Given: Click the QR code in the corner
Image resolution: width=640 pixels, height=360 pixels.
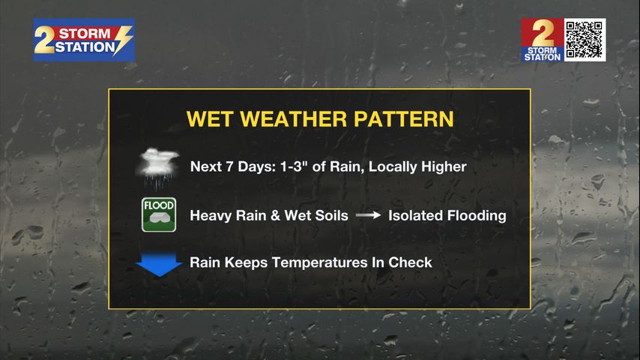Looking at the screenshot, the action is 585,40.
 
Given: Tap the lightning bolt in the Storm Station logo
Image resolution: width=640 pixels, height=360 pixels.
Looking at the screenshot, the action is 123,40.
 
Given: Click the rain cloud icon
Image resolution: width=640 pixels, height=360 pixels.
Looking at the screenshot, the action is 158,168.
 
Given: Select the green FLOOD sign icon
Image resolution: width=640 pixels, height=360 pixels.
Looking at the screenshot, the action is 159,215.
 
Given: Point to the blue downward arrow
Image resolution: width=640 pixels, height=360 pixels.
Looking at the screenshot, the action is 159,264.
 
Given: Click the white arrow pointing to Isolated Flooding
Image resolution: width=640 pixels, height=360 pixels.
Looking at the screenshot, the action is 368,215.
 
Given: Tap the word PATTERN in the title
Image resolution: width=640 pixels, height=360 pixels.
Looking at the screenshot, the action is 404,119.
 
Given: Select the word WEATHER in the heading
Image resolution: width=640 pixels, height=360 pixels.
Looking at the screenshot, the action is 294,119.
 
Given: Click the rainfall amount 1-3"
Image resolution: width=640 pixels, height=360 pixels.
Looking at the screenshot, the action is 294,166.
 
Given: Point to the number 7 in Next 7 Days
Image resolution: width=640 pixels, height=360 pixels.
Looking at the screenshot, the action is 230,166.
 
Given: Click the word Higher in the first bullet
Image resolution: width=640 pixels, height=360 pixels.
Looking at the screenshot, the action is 444,166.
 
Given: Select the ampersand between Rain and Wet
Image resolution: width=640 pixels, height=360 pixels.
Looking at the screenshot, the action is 276,215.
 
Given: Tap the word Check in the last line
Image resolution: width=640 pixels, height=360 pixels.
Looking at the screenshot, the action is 410,262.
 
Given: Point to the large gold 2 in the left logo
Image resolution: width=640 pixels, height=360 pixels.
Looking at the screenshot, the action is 44,40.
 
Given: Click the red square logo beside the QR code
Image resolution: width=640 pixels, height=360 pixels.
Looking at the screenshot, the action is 543,40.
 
